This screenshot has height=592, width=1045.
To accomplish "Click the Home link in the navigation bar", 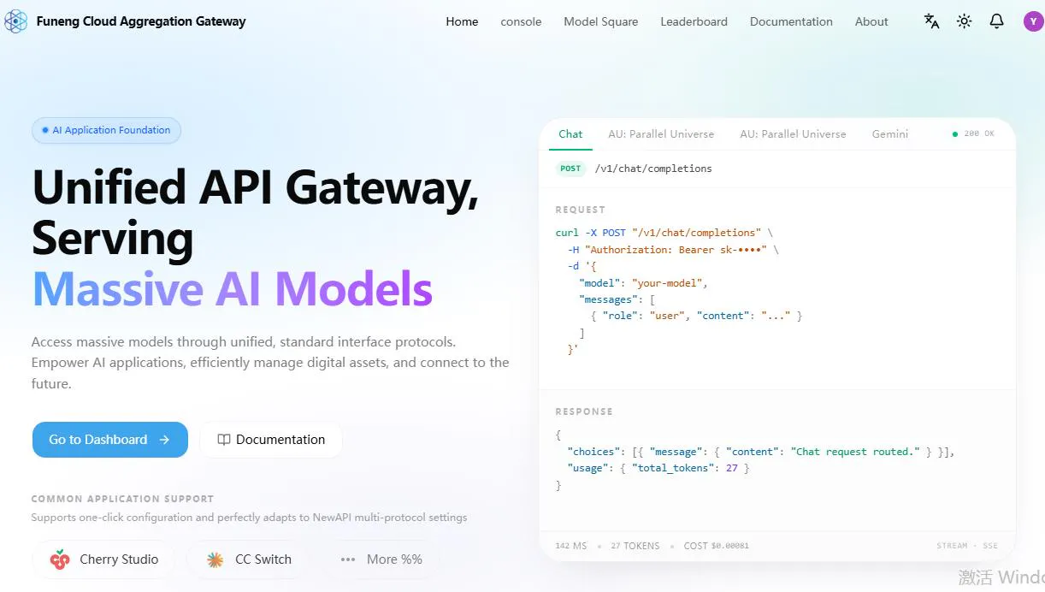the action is click(462, 21).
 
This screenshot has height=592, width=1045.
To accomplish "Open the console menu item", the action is click(521, 21).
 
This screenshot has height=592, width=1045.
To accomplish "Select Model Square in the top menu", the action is click(600, 21).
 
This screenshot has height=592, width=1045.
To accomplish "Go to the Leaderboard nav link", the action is click(694, 21).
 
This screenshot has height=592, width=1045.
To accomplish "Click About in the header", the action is click(871, 21).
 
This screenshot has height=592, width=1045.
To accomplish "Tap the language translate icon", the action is click(931, 21).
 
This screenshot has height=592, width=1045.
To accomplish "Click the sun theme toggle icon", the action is click(964, 21).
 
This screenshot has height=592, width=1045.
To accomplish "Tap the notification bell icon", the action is click(996, 21).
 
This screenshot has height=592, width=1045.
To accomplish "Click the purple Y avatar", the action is click(1034, 21).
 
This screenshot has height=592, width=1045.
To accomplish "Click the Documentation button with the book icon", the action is click(271, 440).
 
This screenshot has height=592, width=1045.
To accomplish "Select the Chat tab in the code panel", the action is click(570, 134).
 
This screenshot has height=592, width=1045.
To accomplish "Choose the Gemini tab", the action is click(889, 134).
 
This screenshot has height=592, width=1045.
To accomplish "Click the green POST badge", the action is click(570, 169).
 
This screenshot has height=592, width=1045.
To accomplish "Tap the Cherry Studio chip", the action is click(104, 559).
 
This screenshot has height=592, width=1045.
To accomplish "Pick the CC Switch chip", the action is click(249, 559).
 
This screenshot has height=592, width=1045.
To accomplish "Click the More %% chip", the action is click(381, 559).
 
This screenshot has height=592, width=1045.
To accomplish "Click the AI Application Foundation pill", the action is click(106, 130).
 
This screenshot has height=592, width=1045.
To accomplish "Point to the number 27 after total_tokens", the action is click(731, 468).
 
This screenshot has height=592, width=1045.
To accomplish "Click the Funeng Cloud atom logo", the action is click(16, 21).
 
